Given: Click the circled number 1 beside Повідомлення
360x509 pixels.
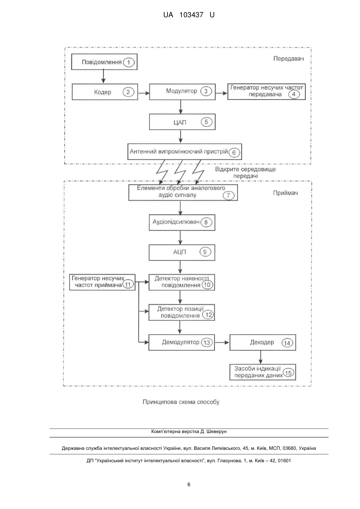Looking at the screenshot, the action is tap(129, 62).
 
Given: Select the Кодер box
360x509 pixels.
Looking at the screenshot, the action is tap(105, 92).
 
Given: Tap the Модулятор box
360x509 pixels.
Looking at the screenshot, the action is tap(182, 92).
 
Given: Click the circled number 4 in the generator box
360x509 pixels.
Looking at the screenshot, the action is tap(294, 94).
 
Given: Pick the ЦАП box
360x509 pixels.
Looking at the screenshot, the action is tap(182, 122).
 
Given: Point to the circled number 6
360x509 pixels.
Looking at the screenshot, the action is tap(234, 153).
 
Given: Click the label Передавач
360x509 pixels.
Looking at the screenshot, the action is tap(288, 59).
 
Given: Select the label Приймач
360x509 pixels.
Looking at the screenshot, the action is tap(285, 193).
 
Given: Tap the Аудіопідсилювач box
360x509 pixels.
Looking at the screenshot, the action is tap(182, 222).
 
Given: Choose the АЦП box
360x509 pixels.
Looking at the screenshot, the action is tap(182, 252).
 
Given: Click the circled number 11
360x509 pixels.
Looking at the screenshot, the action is tap(128, 285).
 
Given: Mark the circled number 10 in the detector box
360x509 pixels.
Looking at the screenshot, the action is tap(207, 285).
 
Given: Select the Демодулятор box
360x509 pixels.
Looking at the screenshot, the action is tap(182, 342).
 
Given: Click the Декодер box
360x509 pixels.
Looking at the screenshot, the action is tap(263, 342).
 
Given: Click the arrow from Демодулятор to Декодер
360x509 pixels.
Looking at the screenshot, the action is tap(222, 342).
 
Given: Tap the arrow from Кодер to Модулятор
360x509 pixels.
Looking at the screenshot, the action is tap(144, 93).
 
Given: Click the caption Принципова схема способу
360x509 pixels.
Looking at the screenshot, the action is tap(181, 402).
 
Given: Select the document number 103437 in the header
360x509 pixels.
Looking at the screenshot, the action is tap(191, 15).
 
